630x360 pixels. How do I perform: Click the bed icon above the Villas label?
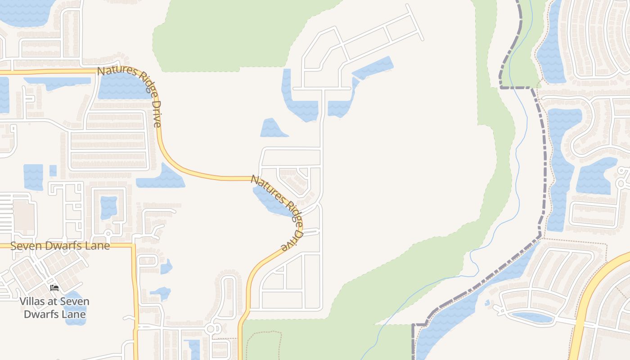point(54,288)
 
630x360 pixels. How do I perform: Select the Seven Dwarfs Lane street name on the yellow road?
point(60,246)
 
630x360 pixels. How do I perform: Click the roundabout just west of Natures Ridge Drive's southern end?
point(210,329)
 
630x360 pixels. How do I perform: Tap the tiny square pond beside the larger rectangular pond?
point(53,171)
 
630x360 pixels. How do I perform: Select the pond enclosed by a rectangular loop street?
point(108,207)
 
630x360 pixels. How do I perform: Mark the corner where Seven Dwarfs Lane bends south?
point(134,246)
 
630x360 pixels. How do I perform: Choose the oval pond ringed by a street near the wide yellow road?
point(532,317)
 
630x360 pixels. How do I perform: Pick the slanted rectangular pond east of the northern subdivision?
point(373,67)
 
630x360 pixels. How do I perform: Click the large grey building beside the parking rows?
point(23,215)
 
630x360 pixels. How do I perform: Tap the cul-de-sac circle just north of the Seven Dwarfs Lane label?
point(108,234)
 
